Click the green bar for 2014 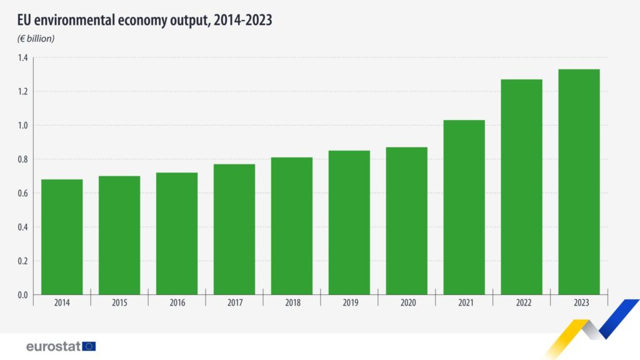[x=62, y=237]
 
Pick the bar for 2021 [x=464, y=207]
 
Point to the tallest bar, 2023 [x=579, y=182]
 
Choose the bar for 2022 [x=522, y=187]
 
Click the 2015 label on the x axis [x=119, y=302]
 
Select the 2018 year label [x=292, y=302]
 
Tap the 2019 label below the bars [x=349, y=302]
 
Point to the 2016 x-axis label [x=177, y=302]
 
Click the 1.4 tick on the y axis [x=22, y=58]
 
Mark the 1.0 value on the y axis [x=22, y=126]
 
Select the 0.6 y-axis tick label [x=22, y=193]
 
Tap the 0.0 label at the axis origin [x=22, y=294]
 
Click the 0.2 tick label [x=22, y=261]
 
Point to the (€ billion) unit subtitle [x=36, y=39]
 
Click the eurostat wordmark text [x=53, y=346]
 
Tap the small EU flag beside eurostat [x=89, y=346]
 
